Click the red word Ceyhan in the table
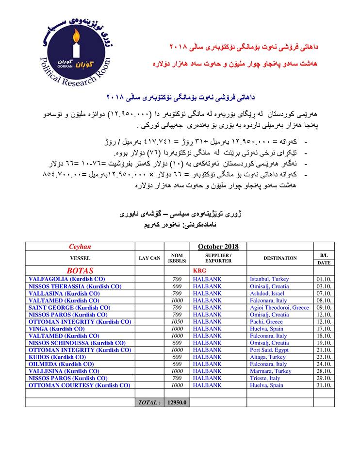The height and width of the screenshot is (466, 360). click(80, 247)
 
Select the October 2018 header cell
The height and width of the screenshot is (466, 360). click(218, 247)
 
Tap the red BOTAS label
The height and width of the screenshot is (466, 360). click(80, 271)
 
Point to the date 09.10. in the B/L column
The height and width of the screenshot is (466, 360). click(324, 308)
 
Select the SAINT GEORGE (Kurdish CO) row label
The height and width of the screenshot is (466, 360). click(69, 308)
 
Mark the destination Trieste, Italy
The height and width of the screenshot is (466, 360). click(265, 378)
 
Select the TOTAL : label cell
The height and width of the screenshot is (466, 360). click(149, 402)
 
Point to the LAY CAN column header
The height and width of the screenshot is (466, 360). click(149, 258)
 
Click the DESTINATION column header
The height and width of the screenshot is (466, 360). click(280, 258)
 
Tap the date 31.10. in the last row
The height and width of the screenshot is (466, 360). click(324, 385)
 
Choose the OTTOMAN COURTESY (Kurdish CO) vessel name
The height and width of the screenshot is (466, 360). click(80, 385)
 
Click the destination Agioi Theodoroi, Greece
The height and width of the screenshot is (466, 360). click(279, 308)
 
